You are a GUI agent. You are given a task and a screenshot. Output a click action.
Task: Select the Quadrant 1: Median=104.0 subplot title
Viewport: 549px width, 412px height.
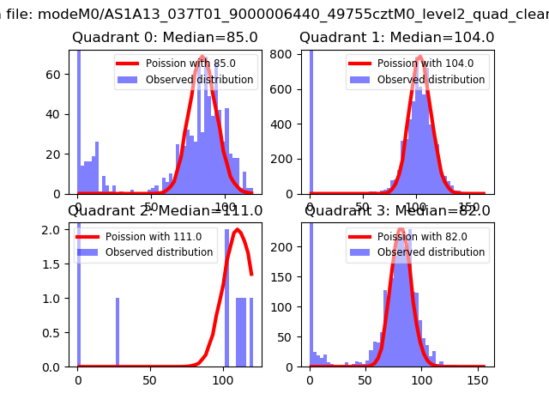point(396,38)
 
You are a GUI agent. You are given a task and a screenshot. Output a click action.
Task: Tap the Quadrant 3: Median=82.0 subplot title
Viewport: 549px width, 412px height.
point(397,211)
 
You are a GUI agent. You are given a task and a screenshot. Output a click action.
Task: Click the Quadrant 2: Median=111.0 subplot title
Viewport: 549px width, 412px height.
point(165,211)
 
